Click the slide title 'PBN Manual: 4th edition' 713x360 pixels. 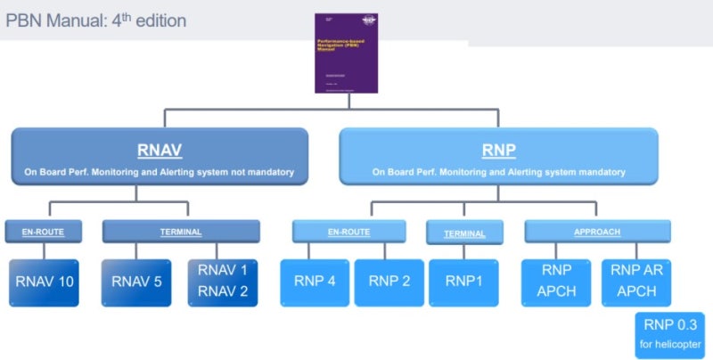coord(96,20)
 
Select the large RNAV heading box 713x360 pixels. coord(160,157)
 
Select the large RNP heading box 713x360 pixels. coord(498,157)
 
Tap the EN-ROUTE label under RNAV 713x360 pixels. coord(49,233)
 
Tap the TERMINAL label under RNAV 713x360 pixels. coord(180,233)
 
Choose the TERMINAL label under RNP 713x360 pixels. coord(464,233)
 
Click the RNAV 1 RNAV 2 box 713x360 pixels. coord(222,282)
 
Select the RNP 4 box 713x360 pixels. coord(315,282)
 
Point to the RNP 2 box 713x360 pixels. coord(389,282)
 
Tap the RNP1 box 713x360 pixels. coord(464,282)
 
